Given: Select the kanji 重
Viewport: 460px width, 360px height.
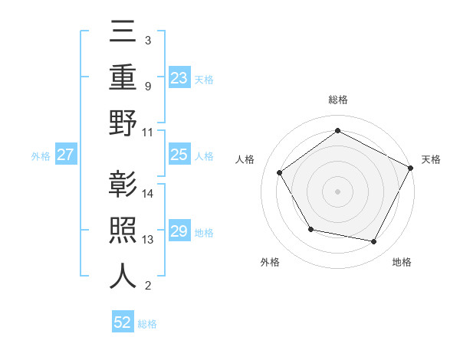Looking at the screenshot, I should tap(123, 79).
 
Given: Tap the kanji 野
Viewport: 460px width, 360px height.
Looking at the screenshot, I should tap(123, 123).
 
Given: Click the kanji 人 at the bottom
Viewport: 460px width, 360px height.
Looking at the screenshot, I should tap(123, 277).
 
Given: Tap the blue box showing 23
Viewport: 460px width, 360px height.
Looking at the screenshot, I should tap(179, 77).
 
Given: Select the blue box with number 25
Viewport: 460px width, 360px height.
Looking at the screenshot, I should tap(179, 155).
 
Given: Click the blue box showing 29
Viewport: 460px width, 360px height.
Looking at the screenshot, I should tap(179, 231).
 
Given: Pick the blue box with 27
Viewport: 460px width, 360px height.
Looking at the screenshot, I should tap(65, 155).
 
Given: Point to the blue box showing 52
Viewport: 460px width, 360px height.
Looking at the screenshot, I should tap(123, 322).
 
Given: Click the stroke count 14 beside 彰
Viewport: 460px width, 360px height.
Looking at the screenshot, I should tap(149, 194).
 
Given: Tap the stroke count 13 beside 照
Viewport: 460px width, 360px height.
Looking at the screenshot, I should tap(149, 240).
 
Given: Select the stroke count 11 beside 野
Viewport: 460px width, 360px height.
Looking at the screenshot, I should tap(149, 131).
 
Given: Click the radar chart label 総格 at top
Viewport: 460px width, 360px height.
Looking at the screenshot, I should tap(337, 100).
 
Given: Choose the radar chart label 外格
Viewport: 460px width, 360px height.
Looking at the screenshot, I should tap(270, 262).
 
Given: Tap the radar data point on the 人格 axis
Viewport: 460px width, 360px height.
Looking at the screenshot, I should tap(280, 173).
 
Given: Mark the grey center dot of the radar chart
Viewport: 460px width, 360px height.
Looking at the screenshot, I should tap(337, 191).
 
